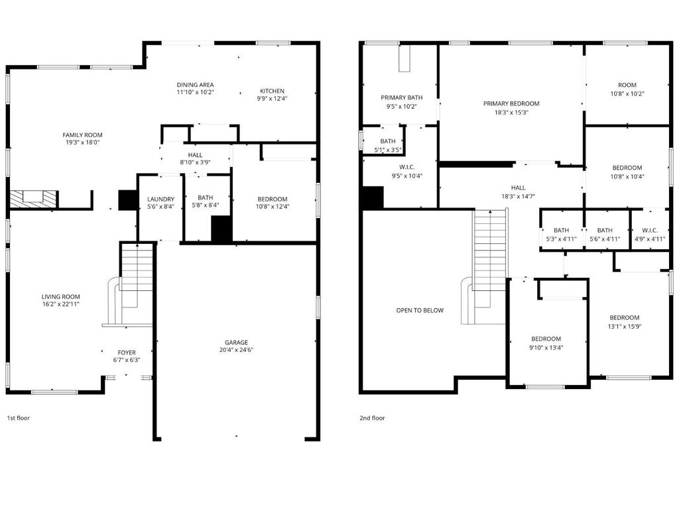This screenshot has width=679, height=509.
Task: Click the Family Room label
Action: tap(82, 135)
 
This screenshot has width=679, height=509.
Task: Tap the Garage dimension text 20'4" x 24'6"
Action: tap(236, 350)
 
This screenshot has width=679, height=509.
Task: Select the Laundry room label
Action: tap(160, 199)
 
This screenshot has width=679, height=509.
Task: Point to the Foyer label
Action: tap(127, 353)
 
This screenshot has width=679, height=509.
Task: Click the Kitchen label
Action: tap(272, 91)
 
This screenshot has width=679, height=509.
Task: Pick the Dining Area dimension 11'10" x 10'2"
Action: tap(196, 92)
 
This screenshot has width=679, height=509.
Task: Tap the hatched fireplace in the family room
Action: tap(33, 198)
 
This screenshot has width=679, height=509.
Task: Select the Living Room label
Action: tap(60, 296)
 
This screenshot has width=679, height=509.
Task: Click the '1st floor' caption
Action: tap(18, 418)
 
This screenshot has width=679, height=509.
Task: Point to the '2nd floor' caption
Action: tap(372, 418)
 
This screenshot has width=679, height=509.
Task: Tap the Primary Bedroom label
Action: tap(511, 103)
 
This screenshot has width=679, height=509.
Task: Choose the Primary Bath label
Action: tap(401, 97)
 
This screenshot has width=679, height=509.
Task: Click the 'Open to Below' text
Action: tap(420, 310)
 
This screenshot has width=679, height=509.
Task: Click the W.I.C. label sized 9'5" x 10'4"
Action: tap(407, 167)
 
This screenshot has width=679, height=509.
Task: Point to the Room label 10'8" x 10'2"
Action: tap(627, 85)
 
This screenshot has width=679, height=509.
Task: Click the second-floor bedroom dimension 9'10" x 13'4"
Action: tap(546, 347)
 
